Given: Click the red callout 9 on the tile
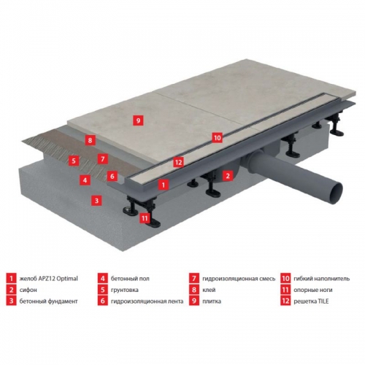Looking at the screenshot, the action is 138,120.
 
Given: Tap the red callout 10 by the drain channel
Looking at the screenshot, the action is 217,138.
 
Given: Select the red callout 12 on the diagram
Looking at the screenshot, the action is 178,162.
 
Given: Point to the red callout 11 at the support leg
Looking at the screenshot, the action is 145,218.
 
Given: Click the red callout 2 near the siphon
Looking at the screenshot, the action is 228,176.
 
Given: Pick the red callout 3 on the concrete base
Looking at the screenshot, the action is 96,201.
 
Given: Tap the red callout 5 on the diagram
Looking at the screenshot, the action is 74,161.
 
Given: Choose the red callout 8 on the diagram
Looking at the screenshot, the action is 91,140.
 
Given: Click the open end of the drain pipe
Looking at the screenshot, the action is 336,190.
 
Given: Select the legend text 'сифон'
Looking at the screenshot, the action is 28,290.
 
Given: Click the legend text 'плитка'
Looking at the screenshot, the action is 212,301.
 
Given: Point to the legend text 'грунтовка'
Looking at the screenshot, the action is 125,290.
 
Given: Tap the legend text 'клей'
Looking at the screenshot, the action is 209,290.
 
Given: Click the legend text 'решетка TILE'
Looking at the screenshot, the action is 311,301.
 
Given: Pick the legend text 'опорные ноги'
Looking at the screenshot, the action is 313,290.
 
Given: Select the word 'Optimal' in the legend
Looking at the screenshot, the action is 67,279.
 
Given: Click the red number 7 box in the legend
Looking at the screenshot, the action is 194,278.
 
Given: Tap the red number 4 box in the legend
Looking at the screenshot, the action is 103,278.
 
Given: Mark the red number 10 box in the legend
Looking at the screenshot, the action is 285,278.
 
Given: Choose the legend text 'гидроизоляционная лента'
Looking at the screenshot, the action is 147,301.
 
